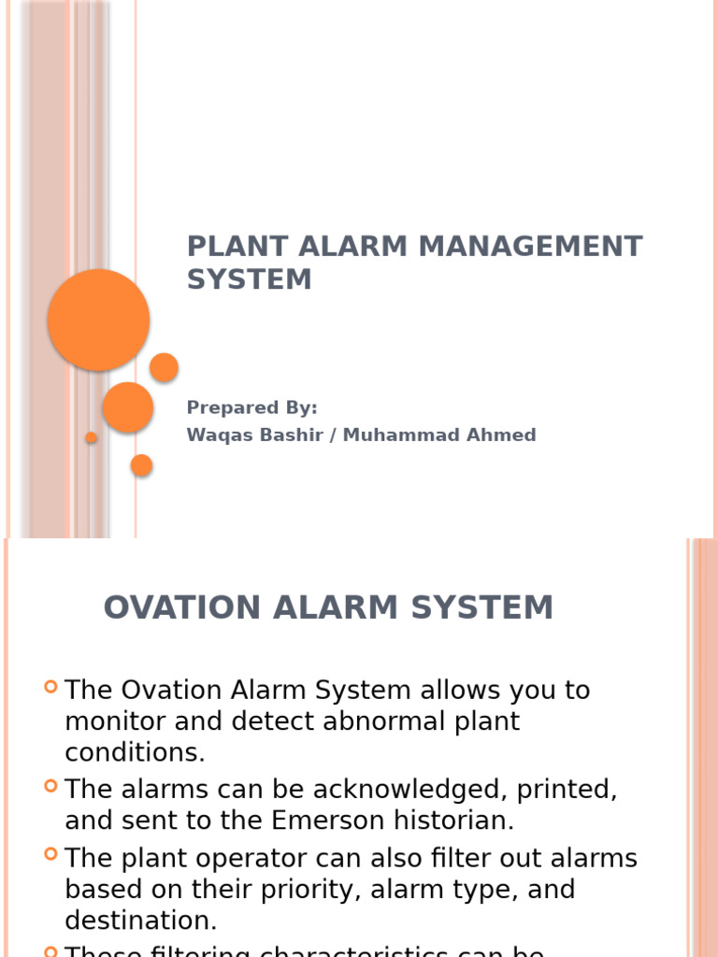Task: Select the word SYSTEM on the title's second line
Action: click(x=249, y=279)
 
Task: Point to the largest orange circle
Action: click(x=98, y=320)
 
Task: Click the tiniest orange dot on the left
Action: click(x=91, y=437)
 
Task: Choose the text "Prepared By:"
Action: click(x=251, y=407)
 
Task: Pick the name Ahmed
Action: click(x=504, y=436)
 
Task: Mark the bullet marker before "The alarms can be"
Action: click(x=51, y=788)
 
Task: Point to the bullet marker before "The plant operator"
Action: click(x=51, y=856)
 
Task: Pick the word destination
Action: click(x=140, y=921)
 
